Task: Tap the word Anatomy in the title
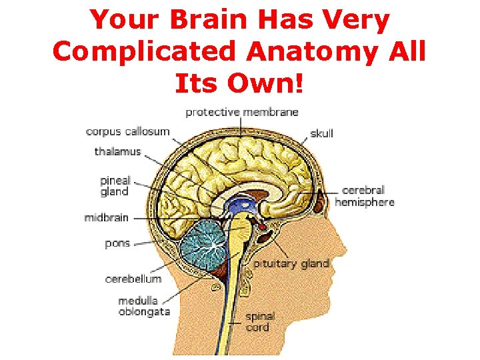pos(315,52)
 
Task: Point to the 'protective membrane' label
pos(241,112)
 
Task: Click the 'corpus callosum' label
pos(127,131)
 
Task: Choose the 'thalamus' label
pos(118,151)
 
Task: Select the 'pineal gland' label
pos(115,186)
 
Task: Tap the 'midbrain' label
pos(107,217)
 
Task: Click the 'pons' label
pos(117,243)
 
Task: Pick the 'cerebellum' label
pos(133,279)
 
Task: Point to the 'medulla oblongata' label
pos(144,306)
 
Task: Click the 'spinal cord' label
pos(257,322)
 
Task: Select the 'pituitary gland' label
pos(291,263)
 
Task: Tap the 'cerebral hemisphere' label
pos(365,196)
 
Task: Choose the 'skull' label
pos(321,133)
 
